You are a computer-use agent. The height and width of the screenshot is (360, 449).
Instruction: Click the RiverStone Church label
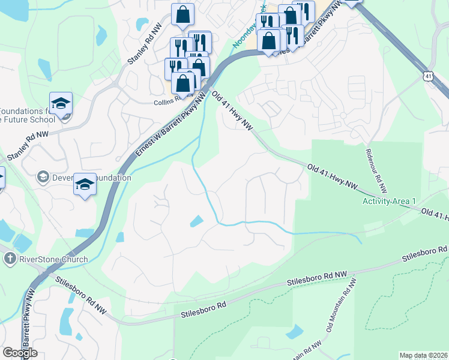coord(53,259)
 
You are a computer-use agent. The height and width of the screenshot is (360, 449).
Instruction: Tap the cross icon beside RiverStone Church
coord(9,259)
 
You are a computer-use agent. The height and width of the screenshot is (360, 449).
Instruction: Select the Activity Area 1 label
coord(389,200)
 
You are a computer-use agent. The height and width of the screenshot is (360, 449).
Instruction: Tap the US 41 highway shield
coord(427,76)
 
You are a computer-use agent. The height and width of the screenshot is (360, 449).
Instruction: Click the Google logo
coord(20,353)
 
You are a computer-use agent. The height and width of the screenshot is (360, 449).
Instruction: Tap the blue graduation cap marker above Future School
coord(61,104)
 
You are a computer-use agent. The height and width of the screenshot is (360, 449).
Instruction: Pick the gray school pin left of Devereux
coord(43,177)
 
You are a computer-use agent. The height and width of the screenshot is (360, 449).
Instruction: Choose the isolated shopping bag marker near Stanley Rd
coord(182,15)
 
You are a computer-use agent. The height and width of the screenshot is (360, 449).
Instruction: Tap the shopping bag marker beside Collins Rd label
coord(182,83)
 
